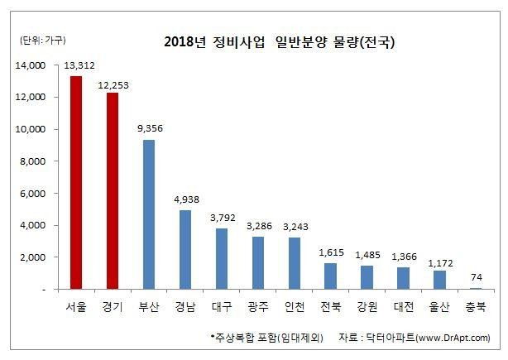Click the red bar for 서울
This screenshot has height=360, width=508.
pos(75,183)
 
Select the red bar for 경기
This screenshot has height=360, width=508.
pos(111,191)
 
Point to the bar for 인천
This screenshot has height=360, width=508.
pos(293,263)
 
